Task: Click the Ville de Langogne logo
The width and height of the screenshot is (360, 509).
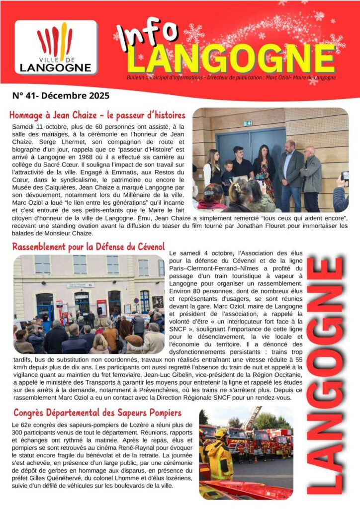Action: pyautogui.click(x=55, y=47)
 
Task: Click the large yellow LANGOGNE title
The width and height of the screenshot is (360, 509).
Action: pyautogui.click(x=231, y=59)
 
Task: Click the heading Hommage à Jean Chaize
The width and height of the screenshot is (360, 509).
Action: pyautogui.click(x=97, y=115)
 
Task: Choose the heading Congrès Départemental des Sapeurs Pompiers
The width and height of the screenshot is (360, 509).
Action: pyautogui.click(x=97, y=413)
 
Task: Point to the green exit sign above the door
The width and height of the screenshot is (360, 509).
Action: pyautogui.click(x=248, y=123)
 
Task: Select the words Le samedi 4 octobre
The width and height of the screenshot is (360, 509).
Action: pyautogui.click(x=197, y=254)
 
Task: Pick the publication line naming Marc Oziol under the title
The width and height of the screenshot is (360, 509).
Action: pyautogui.click(x=231, y=78)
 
